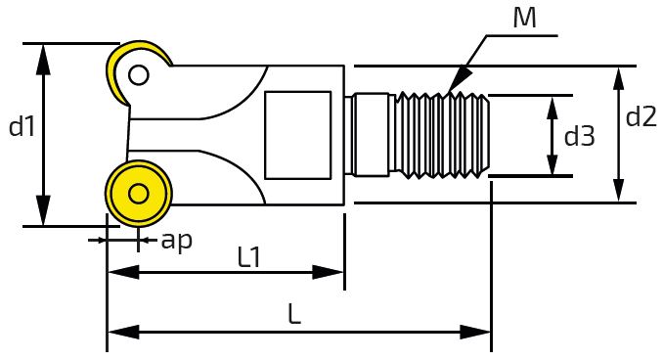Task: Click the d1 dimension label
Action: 22,126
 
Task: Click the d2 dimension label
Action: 641,116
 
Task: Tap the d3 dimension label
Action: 579,136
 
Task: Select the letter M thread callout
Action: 524,18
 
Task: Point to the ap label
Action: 177,241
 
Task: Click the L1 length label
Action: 249,257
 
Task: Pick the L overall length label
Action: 294,314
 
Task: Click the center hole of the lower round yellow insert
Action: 138,194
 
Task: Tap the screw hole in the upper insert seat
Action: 138,75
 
